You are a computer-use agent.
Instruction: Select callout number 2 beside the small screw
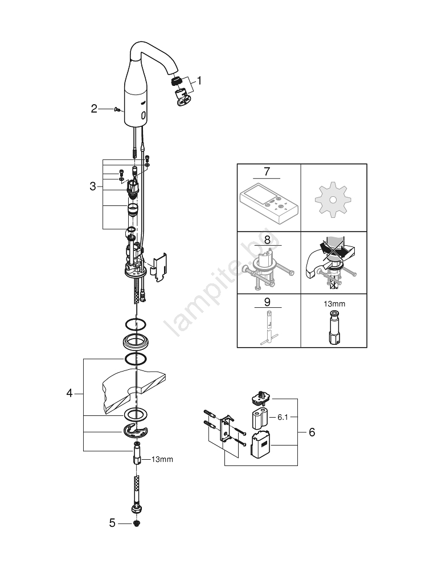[x=95, y=108]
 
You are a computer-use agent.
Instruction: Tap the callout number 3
[x=92, y=185]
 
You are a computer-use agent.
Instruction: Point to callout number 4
[x=69, y=393]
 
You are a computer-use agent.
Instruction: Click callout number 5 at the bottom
[x=112, y=522]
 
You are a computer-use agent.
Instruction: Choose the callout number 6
[x=311, y=432]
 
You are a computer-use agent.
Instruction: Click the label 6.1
[x=283, y=417]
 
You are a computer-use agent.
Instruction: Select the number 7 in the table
[x=268, y=171]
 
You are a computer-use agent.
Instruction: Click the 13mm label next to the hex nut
[x=162, y=459]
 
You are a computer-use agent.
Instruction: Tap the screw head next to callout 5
[x=137, y=522]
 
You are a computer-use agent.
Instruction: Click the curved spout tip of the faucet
[x=176, y=79]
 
